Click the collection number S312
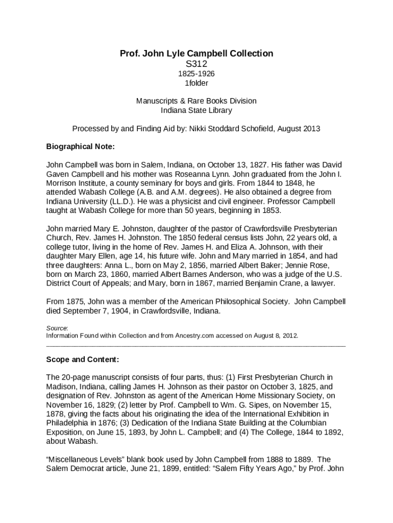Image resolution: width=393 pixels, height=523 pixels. [196, 64]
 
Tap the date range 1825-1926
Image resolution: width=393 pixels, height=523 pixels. [196, 74]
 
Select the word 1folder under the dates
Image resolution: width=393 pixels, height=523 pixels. [196, 83]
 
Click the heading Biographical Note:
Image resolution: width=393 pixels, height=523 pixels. [81, 147]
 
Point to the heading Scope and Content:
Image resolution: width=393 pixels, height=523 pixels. [83, 360]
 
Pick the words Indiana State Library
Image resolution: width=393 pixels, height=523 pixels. [196, 110]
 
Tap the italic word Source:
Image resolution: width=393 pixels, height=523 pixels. [57, 328]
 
